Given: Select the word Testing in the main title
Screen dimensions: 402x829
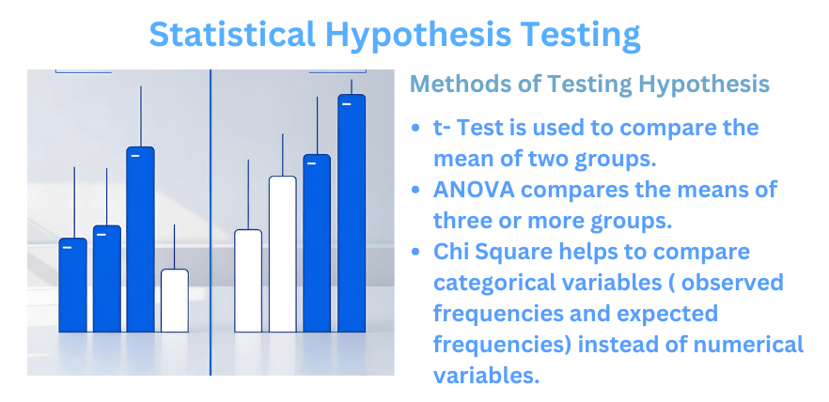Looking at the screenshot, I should point(580,35).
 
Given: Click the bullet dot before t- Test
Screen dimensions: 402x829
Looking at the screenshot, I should point(416,128).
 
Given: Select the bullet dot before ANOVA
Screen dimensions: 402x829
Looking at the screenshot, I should point(416,190).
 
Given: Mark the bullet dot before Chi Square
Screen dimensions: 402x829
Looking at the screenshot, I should point(416,252).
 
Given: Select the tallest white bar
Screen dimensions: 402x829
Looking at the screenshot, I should point(283,254).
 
